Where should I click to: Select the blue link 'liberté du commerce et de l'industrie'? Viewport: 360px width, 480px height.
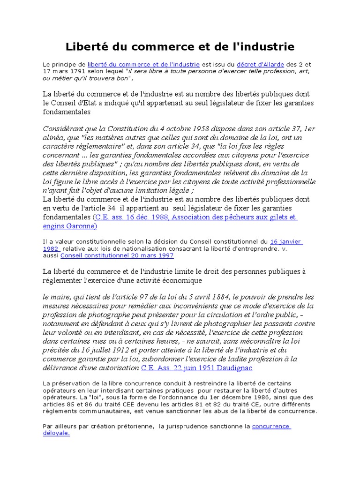tap(143, 64)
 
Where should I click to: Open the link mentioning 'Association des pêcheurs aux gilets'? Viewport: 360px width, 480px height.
tap(195, 217)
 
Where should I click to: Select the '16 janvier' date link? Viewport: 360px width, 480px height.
tap(286, 242)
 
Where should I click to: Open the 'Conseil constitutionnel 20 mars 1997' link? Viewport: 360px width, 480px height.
tap(117, 256)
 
